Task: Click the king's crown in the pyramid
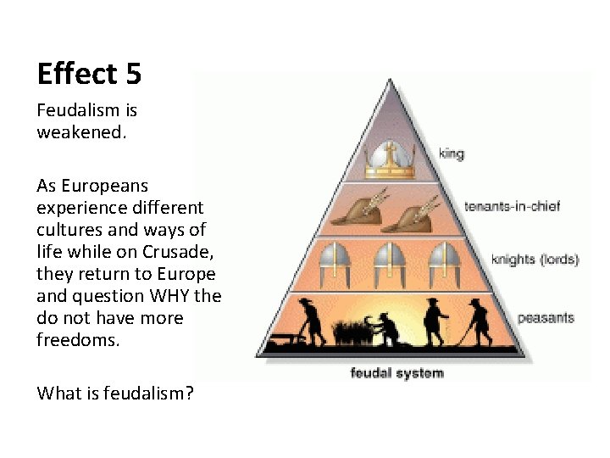click(389, 159)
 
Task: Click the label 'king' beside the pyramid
click(452, 154)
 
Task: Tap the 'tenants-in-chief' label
click(512, 206)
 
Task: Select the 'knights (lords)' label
click(535, 260)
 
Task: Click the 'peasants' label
click(546, 318)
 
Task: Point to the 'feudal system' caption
click(396, 372)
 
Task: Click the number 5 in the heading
click(133, 75)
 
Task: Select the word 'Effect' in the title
click(76, 75)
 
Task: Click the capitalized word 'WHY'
click(172, 297)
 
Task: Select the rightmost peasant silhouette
click(480, 321)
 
